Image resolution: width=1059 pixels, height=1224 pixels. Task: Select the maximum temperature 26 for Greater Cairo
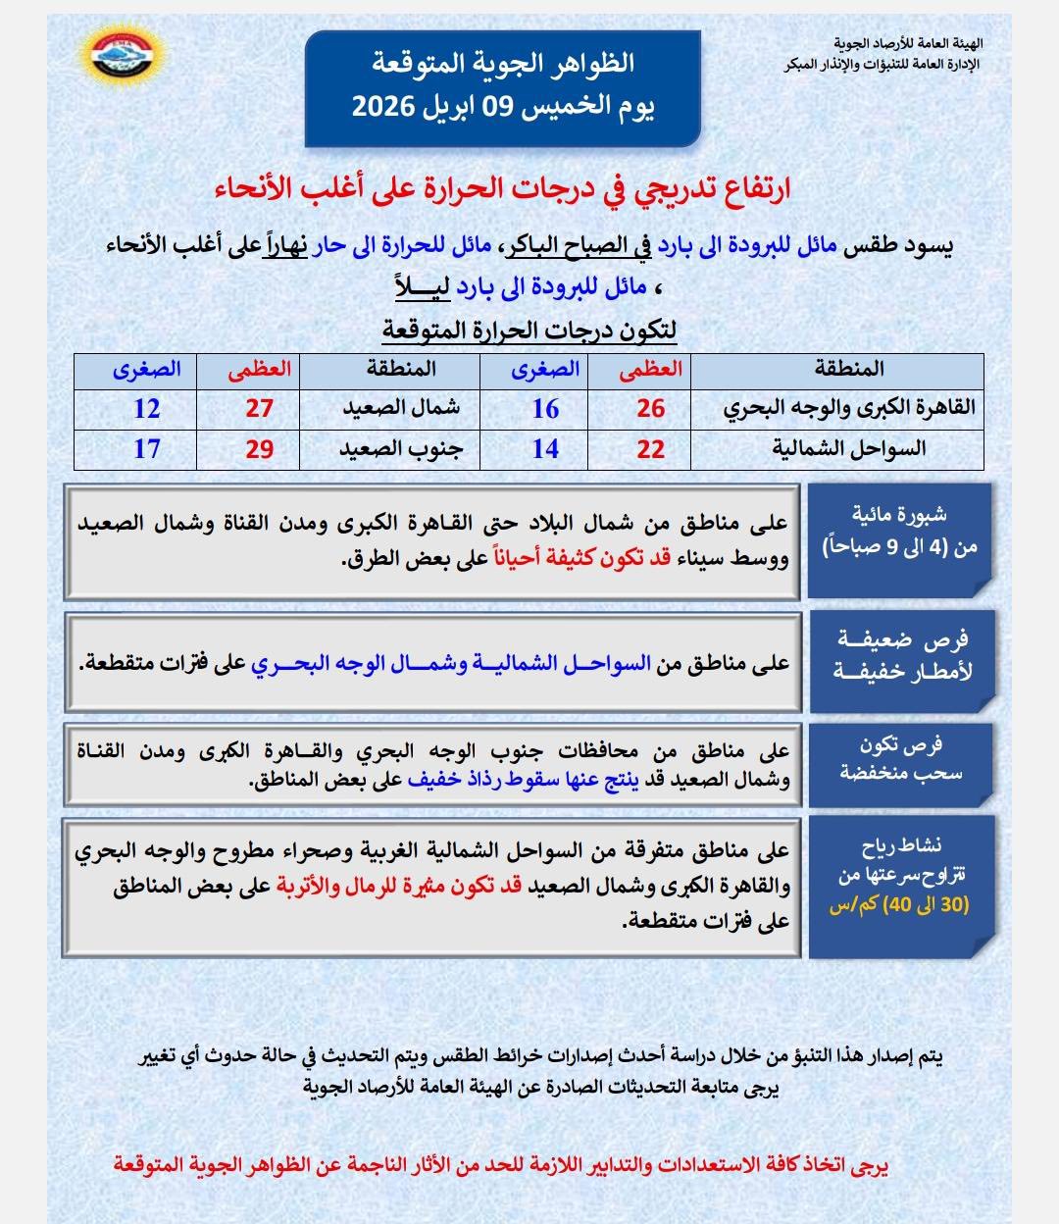[x=650, y=408]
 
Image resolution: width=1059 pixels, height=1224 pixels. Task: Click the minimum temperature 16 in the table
[x=545, y=408]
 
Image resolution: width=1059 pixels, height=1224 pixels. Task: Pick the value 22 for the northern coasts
[x=650, y=449]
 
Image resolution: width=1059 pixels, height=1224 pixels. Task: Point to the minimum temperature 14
[x=545, y=449]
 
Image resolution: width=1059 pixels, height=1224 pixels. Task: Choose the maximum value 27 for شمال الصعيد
[x=259, y=408]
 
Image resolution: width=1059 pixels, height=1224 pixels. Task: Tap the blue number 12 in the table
[x=146, y=408]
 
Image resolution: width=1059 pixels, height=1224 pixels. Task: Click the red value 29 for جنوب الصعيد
[x=259, y=449]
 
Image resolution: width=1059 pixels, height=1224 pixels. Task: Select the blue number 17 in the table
[x=146, y=449]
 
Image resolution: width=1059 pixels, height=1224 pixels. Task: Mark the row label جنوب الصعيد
[x=398, y=449]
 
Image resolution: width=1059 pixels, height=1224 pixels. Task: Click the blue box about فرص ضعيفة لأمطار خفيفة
[x=900, y=656]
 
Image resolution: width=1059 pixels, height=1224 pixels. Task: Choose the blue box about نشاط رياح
[x=900, y=886]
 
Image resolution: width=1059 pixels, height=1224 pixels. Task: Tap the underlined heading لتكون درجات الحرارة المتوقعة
[x=529, y=331]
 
